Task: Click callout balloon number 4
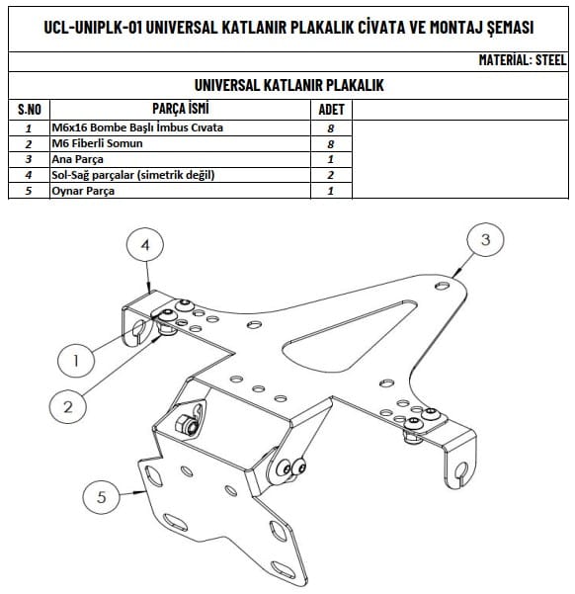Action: (145, 245)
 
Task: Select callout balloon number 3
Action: (485, 240)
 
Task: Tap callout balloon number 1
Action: (76, 361)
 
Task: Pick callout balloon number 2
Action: (68, 407)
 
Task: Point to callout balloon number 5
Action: (101, 496)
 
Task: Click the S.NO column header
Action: (30, 110)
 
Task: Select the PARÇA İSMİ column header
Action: (180, 109)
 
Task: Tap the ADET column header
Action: (331, 110)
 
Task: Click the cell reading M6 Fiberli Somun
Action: (97, 143)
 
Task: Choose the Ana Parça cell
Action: (77, 159)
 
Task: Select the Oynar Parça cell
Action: (83, 191)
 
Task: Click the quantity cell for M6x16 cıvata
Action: (331, 128)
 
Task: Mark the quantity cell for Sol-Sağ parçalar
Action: (331, 175)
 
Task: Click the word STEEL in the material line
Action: (550, 60)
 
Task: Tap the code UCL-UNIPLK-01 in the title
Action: (93, 28)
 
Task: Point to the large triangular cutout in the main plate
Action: (351, 333)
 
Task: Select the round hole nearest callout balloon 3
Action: (442, 286)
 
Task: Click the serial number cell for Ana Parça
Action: (29, 159)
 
